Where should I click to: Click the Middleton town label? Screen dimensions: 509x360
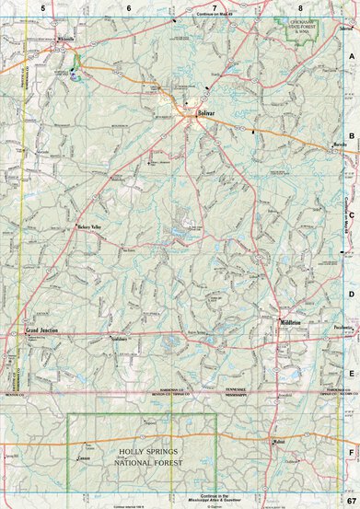[293, 322]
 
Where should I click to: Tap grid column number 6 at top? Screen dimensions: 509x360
[129, 7]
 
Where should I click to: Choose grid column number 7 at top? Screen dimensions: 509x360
[215, 7]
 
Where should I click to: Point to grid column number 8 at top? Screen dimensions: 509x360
[300, 7]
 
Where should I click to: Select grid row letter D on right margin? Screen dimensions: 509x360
[352, 294]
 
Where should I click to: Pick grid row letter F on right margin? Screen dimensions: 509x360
[352, 453]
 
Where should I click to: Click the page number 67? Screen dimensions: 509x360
[351, 500]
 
